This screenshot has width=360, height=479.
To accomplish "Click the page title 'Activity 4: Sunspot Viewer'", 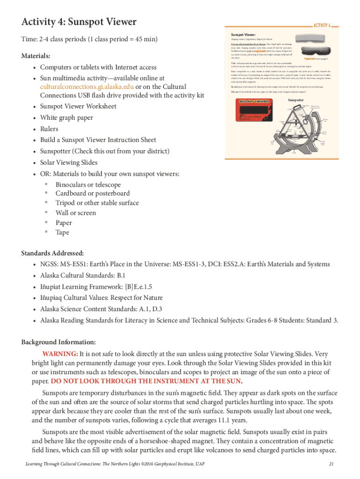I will click(79, 22).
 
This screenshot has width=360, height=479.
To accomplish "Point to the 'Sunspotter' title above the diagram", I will click(295, 100).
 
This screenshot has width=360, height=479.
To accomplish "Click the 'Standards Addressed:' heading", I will click(52, 253).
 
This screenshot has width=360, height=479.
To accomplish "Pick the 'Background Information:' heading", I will click(58, 342).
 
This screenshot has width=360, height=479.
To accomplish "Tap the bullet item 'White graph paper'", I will click(66, 117).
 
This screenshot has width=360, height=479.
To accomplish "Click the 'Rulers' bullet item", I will click(49, 129).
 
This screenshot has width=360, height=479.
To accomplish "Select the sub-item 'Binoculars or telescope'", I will click(88, 185).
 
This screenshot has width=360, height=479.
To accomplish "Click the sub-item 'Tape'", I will click(62, 232).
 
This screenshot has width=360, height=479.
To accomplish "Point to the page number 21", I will click(331, 464).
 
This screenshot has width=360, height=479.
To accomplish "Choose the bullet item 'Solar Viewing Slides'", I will click(69, 162).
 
